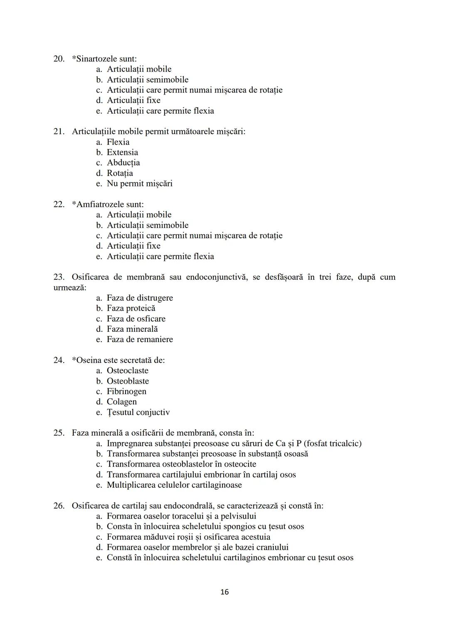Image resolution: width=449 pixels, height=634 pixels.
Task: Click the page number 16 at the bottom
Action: (x=224, y=592)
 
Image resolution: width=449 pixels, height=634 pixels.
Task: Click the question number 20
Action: (x=59, y=59)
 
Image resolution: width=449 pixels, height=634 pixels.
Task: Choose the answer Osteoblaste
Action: (x=128, y=381)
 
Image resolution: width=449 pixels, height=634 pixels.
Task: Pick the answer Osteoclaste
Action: (x=127, y=371)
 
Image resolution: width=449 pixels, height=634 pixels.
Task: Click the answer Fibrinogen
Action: (x=126, y=392)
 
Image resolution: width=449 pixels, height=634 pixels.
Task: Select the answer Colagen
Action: (x=121, y=402)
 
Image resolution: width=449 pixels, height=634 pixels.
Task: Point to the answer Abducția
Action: (x=123, y=163)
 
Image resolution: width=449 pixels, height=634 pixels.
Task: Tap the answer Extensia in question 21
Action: (x=122, y=152)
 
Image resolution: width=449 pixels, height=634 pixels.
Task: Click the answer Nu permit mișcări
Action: (x=139, y=184)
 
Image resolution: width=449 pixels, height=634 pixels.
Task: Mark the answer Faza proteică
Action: (x=131, y=308)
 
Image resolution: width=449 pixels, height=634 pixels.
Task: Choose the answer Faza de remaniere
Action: (x=140, y=340)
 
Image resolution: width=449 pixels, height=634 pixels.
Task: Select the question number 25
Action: (x=59, y=433)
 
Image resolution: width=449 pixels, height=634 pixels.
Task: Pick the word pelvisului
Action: (x=236, y=516)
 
